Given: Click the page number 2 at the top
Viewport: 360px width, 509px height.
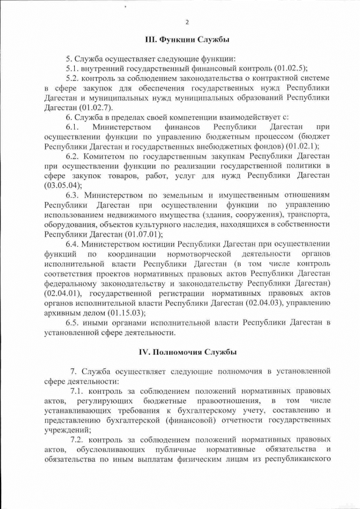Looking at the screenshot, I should click(x=187, y=22).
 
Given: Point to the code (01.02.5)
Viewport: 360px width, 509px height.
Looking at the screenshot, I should click(x=285, y=68).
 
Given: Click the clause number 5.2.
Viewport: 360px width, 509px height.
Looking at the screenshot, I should click(x=72, y=78).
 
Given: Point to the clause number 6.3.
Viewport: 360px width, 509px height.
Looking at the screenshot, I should click(x=72, y=195).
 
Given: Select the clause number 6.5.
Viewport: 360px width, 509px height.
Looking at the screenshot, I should click(x=72, y=323).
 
